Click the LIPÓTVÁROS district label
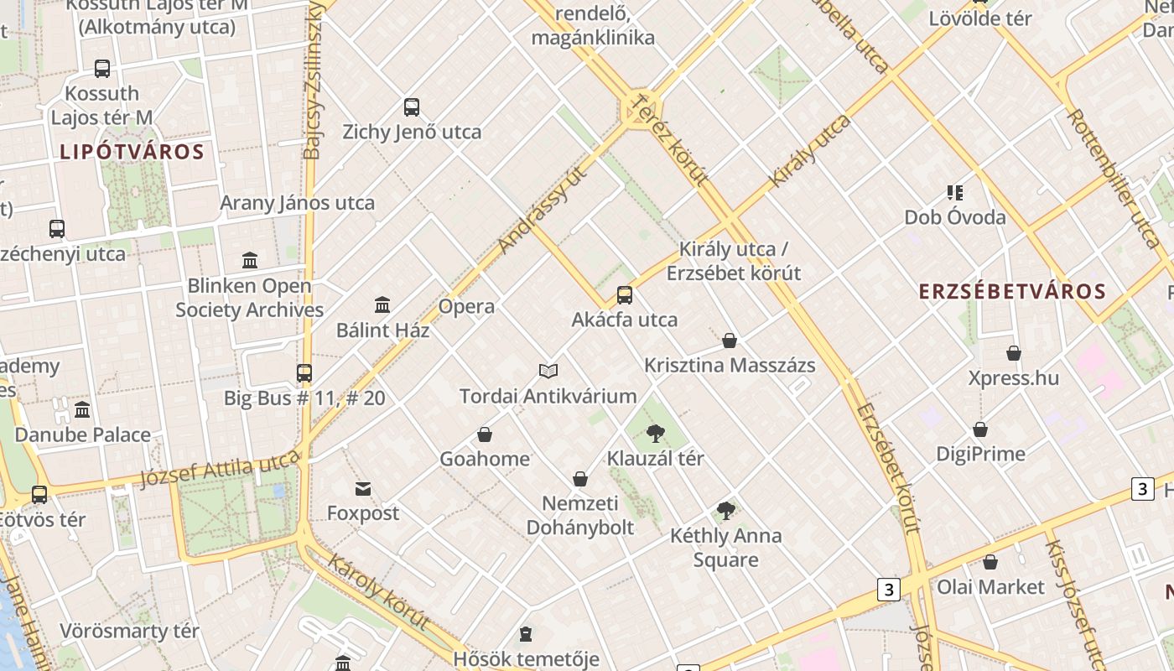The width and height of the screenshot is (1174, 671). pyautogui.click(x=132, y=152)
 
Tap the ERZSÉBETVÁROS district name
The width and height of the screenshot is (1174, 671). pyautogui.click(x=1012, y=292)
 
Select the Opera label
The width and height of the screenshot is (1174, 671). pyautogui.click(x=466, y=306)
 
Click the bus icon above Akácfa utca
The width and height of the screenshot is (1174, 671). pyautogui.click(x=625, y=295)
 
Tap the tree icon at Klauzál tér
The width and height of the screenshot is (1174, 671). pyautogui.click(x=656, y=434)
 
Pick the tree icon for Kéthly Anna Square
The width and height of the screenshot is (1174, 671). pyautogui.click(x=726, y=511)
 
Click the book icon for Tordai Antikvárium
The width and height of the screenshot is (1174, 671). pyautogui.click(x=548, y=371)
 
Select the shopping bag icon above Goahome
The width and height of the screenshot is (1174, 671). pyautogui.click(x=485, y=434)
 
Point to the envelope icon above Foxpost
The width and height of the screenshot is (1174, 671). pyautogui.click(x=363, y=488)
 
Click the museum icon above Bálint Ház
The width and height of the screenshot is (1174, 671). pyautogui.click(x=382, y=304)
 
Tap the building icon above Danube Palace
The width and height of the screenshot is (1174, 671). pyautogui.click(x=82, y=410)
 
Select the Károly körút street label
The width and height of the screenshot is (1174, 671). pyautogui.click(x=378, y=592)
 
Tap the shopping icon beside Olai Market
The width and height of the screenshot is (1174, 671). pyautogui.click(x=990, y=562)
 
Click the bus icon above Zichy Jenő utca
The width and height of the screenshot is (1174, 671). pyautogui.click(x=412, y=107)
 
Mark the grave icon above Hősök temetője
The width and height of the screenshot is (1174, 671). pyautogui.click(x=526, y=634)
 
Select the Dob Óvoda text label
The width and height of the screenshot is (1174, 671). pyautogui.click(x=954, y=218)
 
